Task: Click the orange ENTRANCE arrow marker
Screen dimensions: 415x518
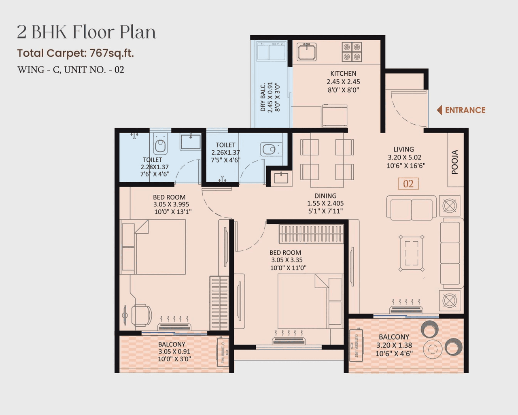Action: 439,110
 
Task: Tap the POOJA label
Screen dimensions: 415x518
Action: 455,162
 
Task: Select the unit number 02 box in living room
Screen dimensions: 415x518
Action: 408,184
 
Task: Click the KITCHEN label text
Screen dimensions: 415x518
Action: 343,73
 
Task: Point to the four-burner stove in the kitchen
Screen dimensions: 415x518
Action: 352,52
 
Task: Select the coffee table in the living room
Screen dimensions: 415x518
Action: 411,253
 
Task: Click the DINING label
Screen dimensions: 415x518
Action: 325,196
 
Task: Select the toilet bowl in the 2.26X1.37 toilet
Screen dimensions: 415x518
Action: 268,149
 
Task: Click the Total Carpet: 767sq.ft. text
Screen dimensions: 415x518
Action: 75,53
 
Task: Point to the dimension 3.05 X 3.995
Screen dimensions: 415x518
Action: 171,204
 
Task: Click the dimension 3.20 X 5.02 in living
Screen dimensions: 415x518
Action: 404,157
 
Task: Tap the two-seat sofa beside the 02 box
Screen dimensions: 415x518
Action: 411,208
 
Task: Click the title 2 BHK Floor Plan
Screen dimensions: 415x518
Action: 86,32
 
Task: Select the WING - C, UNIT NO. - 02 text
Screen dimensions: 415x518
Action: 71,70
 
